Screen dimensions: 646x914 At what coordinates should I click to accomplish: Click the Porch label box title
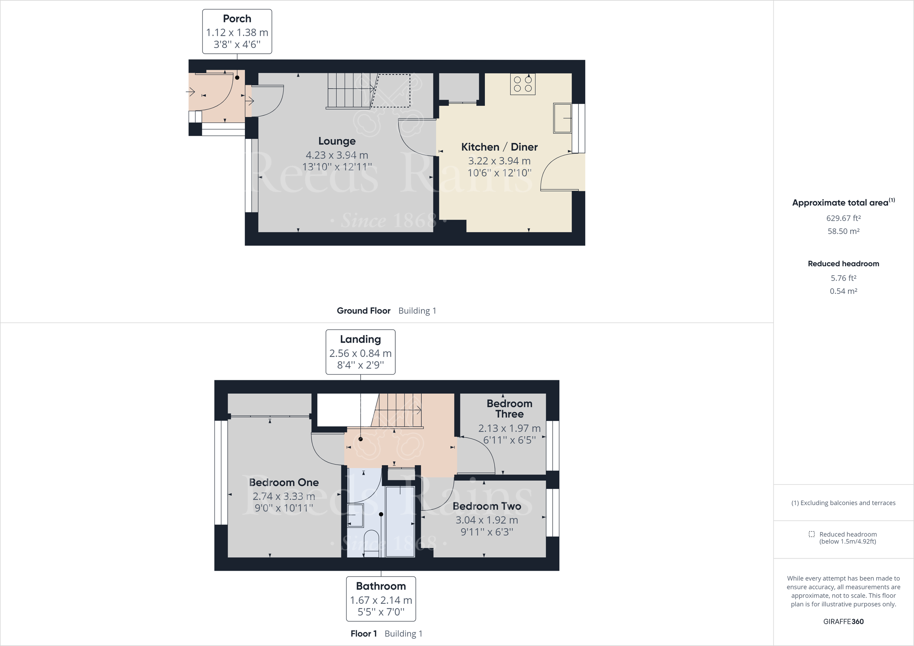237,19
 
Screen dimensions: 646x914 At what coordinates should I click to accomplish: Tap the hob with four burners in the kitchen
523,85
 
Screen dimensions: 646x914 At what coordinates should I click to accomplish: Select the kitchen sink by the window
562,118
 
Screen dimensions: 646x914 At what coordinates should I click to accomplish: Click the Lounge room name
337,141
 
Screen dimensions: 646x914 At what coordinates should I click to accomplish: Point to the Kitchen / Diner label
499,147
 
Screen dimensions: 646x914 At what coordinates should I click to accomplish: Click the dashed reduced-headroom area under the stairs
392,91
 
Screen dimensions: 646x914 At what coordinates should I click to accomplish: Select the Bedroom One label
283,482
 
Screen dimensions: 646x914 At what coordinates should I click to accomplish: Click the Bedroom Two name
486,506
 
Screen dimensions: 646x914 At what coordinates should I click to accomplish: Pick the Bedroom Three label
509,409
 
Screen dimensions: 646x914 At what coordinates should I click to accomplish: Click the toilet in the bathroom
371,541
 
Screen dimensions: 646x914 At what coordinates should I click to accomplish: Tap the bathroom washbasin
355,515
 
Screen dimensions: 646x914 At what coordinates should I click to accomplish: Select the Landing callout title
360,339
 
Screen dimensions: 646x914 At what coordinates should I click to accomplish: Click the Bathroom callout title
381,586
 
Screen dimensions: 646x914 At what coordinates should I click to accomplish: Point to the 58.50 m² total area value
843,231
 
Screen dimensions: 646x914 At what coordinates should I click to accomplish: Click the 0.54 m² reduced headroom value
843,291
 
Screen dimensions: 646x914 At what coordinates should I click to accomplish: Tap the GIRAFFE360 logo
843,621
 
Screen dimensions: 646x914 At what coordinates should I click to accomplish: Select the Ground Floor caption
363,311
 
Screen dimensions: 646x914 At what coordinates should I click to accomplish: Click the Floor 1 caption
363,634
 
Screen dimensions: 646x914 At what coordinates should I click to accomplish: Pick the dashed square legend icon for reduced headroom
811,534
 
